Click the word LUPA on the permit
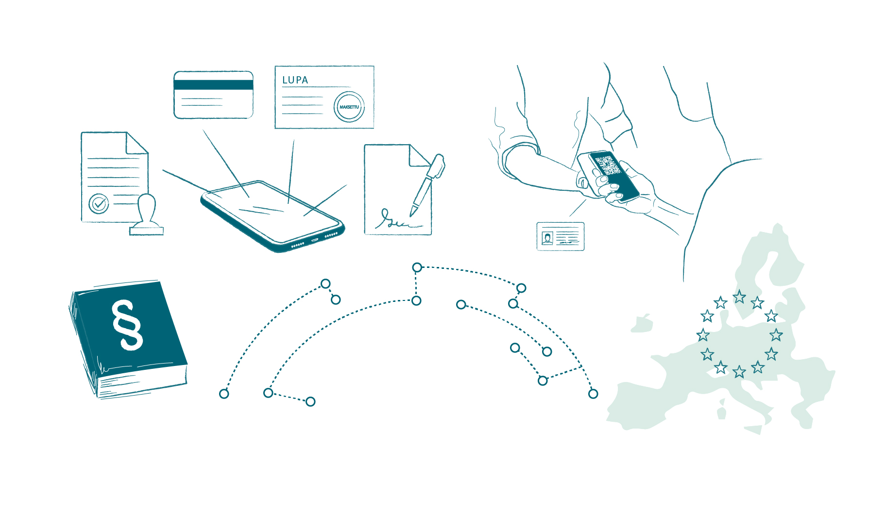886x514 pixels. coord(295,80)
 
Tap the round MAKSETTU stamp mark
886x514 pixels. coord(349,107)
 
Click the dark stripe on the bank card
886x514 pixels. coord(214,85)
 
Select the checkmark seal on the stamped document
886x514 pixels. coord(99,204)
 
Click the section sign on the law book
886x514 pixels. coord(128,324)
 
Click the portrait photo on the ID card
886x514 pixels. coord(547,238)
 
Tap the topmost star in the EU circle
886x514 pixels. coord(739,297)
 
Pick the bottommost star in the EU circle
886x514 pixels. coord(739,372)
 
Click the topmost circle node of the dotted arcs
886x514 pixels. coord(417,267)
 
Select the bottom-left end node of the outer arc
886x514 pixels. coord(224,394)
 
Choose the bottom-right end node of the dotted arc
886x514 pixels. coord(593,394)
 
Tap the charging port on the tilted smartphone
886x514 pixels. coord(315,240)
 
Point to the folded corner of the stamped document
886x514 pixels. coord(136,143)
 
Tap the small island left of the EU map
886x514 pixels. coord(642,324)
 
